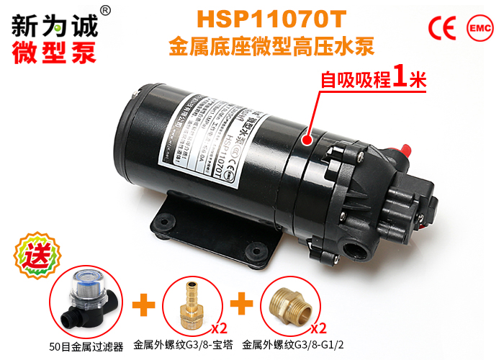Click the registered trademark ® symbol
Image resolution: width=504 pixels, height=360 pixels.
(x=105, y=9)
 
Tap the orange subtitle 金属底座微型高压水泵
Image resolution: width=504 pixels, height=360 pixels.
(x=272, y=48)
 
